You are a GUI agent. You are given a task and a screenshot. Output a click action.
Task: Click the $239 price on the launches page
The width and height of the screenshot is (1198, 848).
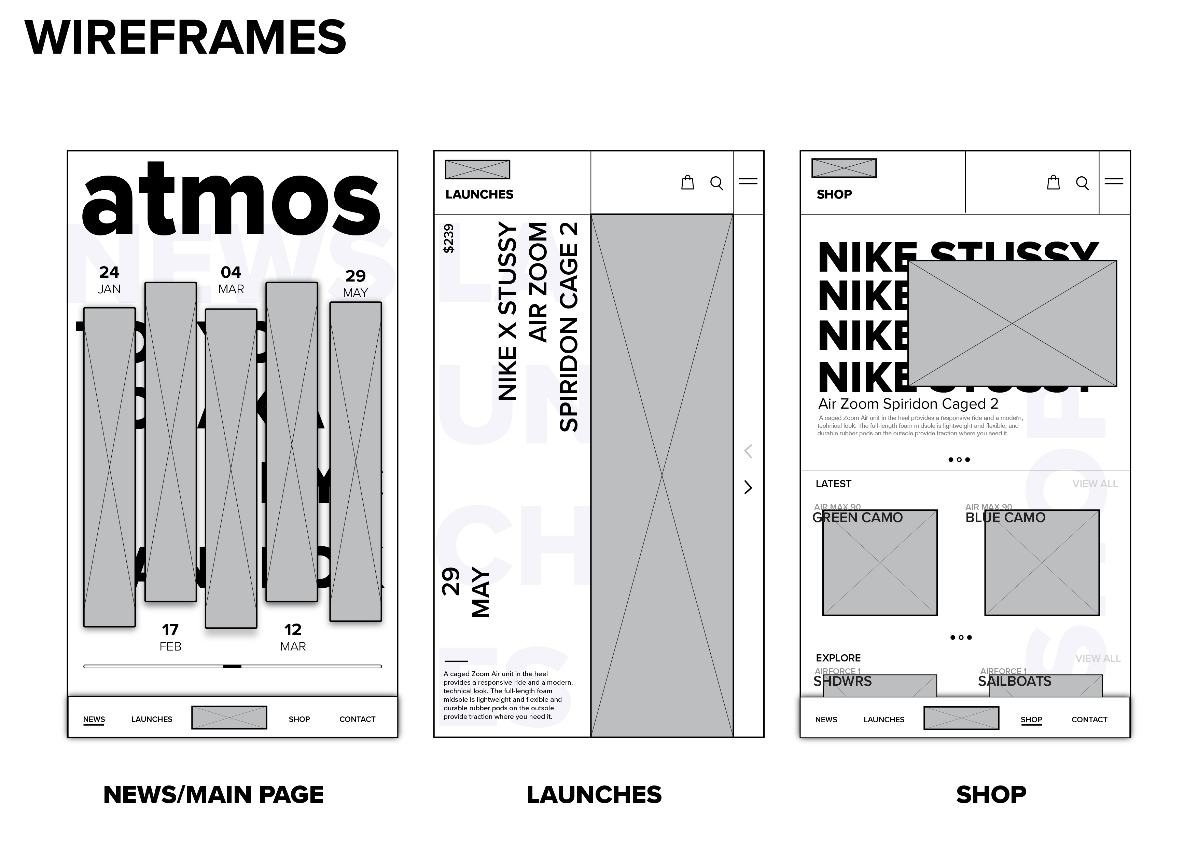[448, 238]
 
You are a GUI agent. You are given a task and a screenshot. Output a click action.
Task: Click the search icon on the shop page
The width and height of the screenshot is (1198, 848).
[1082, 183]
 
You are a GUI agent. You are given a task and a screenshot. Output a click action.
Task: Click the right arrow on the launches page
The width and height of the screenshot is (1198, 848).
[748, 487]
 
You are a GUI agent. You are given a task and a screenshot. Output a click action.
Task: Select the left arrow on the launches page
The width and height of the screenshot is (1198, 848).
[748, 451]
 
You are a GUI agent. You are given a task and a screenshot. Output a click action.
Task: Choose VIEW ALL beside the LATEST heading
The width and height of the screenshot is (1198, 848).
[1095, 484]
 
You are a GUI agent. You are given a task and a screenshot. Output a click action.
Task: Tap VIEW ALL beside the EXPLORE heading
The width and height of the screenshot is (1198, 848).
[1097, 658]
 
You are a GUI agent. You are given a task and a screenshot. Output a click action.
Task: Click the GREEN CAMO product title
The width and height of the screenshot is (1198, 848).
[857, 518]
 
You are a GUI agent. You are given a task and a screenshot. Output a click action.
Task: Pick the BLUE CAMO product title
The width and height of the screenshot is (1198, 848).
[1005, 518]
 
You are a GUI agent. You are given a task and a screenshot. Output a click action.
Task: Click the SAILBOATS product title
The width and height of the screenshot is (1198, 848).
[1014, 681]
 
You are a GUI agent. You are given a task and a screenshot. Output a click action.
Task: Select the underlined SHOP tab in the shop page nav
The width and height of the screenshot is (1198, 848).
[1031, 720]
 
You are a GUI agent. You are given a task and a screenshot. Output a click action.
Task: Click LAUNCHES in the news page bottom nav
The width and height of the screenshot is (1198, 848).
[152, 719]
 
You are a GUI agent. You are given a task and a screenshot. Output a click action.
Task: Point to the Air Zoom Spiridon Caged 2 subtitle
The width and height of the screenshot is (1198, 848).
[908, 404]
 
